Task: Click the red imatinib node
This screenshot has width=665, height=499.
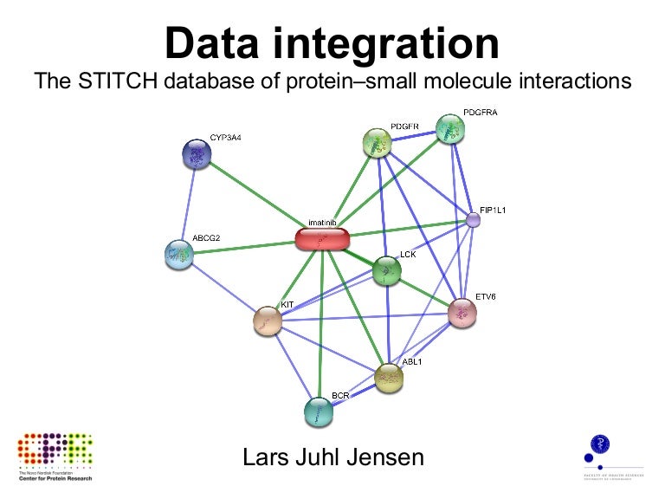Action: pos(322,239)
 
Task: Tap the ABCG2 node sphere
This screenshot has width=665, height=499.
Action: pos(178,254)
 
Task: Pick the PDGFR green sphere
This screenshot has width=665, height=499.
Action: pos(378,143)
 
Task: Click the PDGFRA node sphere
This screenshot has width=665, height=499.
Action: pos(449,129)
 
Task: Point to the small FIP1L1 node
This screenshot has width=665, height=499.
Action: pos(473,220)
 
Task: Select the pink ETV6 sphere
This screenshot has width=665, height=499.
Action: pos(462,313)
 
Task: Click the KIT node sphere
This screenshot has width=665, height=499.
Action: pos(268,321)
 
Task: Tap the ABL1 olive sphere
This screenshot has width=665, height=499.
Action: pos(389,378)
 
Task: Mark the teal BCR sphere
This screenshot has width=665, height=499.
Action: pos(319,412)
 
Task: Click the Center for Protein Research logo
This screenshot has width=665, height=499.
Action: pos(54,453)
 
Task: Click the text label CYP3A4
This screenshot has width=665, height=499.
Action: pos(226,138)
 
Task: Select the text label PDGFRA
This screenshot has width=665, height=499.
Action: pos(480,113)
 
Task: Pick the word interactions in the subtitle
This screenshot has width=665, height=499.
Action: pos(563,82)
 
